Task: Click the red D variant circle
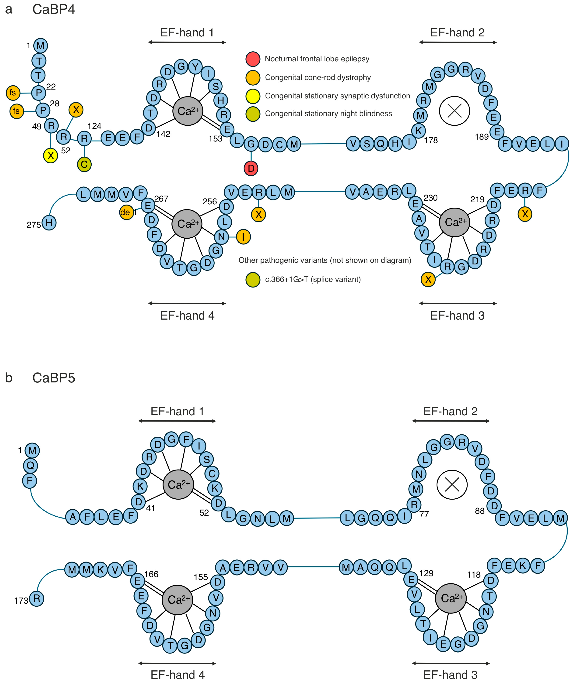(251, 168)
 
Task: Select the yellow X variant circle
(51, 155)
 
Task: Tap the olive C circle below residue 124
(84, 164)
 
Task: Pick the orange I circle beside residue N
(243, 237)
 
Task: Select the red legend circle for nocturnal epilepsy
(253, 59)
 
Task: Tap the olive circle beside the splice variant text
(253, 280)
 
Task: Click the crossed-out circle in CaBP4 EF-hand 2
(454, 111)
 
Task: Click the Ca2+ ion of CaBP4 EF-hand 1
(188, 111)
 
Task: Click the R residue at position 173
(37, 599)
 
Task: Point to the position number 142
(163, 134)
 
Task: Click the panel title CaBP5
(54, 378)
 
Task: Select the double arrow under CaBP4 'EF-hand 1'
(187, 42)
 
